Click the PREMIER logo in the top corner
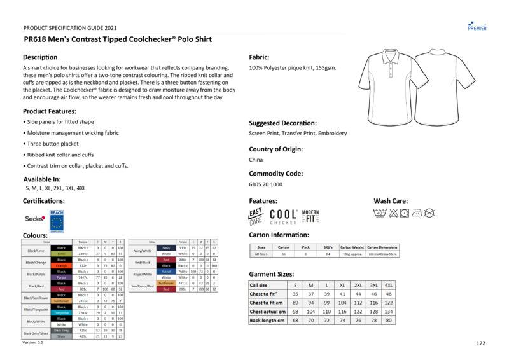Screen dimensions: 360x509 pos(477,25)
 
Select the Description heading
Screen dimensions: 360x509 pos(40,57)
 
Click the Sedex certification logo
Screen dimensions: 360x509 pos(35,219)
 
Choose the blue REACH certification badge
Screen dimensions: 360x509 pos(57,219)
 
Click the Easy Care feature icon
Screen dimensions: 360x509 pos(255,217)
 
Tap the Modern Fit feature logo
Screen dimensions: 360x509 pos(310,216)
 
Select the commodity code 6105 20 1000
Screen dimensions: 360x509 pos(265,184)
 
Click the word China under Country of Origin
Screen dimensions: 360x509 pos(256,160)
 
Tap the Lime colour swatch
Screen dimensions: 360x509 pos(61,253)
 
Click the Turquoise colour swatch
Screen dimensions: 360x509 pos(61,313)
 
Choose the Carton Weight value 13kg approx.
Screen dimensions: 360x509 pos(352,254)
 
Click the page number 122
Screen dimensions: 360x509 pos(480,343)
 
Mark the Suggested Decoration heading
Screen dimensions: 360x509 pos(282,123)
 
